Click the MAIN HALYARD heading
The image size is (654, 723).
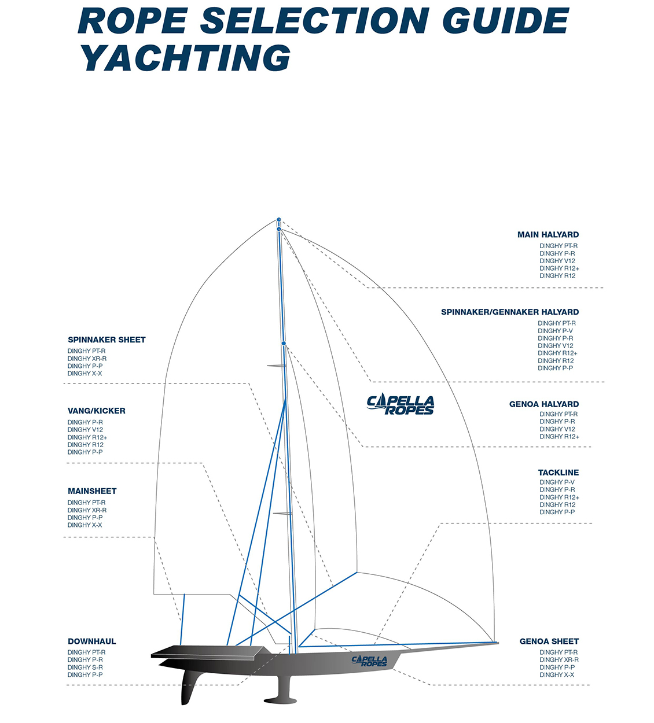[x=548, y=235]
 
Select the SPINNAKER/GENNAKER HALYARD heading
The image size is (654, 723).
[x=509, y=312]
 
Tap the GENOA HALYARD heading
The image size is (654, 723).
[x=543, y=404]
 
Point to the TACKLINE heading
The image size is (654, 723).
[x=558, y=473]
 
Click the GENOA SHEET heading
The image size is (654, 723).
[x=549, y=641]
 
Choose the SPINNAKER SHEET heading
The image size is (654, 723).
[x=106, y=340]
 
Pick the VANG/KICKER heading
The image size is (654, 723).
[x=96, y=411]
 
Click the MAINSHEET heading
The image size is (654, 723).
[x=92, y=492]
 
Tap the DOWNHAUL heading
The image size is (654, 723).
[x=91, y=641]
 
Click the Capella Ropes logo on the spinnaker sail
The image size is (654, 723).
[x=401, y=405]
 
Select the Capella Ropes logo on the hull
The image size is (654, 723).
[x=369, y=661]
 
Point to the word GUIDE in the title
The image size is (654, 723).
[x=505, y=21]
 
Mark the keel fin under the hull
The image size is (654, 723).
[x=284, y=688]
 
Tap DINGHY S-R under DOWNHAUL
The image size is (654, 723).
[x=85, y=667]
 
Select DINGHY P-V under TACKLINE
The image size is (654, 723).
[x=557, y=482]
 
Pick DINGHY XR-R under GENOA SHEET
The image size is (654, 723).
[x=559, y=660]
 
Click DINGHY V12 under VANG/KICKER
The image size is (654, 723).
[x=85, y=430]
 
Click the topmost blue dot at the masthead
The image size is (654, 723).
[x=279, y=220]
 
